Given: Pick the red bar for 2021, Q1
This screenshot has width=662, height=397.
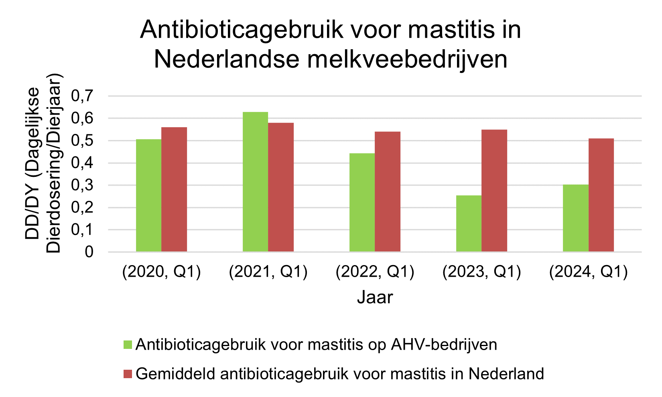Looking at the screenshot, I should (281, 187).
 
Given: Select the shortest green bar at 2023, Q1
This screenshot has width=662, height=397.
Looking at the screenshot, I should (469, 223).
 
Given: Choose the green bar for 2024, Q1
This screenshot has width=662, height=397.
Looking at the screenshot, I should (575, 218).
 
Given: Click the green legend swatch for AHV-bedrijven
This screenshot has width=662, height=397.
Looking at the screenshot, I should (128, 344).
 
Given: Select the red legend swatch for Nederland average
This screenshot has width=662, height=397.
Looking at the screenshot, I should (128, 374).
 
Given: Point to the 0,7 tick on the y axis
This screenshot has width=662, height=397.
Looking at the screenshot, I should (82, 96).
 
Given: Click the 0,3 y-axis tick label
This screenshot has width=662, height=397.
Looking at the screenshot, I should (82, 186).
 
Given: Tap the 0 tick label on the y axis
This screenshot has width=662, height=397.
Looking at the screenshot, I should (89, 252).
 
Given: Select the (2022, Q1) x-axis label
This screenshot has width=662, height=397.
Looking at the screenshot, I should (375, 272).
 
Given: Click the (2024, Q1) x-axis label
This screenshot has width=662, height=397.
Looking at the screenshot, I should (588, 272).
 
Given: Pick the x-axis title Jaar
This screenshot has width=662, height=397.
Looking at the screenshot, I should (375, 298).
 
